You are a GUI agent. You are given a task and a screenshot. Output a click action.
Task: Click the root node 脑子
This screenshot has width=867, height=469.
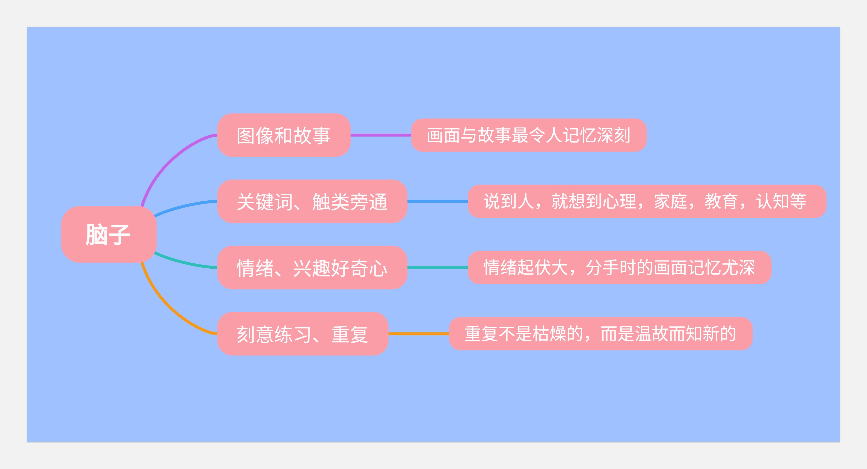tap(109, 235)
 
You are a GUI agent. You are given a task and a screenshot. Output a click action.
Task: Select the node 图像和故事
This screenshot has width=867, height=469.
tap(284, 135)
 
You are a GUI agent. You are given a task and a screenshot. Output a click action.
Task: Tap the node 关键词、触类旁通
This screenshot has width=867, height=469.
tap(312, 201)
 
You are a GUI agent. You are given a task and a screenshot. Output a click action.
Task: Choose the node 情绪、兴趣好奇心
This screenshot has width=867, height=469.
tap(312, 268)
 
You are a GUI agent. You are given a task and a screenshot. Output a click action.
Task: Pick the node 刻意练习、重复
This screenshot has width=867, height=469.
tap(303, 334)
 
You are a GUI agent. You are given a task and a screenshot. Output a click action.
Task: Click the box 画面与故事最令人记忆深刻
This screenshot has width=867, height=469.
tap(529, 135)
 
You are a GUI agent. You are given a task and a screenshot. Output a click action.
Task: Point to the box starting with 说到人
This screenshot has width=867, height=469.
tap(647, 201)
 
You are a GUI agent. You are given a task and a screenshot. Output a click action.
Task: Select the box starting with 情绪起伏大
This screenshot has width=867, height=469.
tap(620, 268)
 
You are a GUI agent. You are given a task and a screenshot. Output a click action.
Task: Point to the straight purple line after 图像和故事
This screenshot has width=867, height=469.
tap(381, 135)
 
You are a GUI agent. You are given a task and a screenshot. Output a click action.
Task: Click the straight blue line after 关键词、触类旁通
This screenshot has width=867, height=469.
tap(437, 201)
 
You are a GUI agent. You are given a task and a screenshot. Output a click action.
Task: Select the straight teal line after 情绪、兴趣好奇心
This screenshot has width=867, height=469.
tap(437, 268)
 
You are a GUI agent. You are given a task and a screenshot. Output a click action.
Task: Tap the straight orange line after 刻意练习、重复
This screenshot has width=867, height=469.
tap(419, 334)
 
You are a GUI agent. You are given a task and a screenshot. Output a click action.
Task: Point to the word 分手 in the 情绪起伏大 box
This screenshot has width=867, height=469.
tap(602, 268)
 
